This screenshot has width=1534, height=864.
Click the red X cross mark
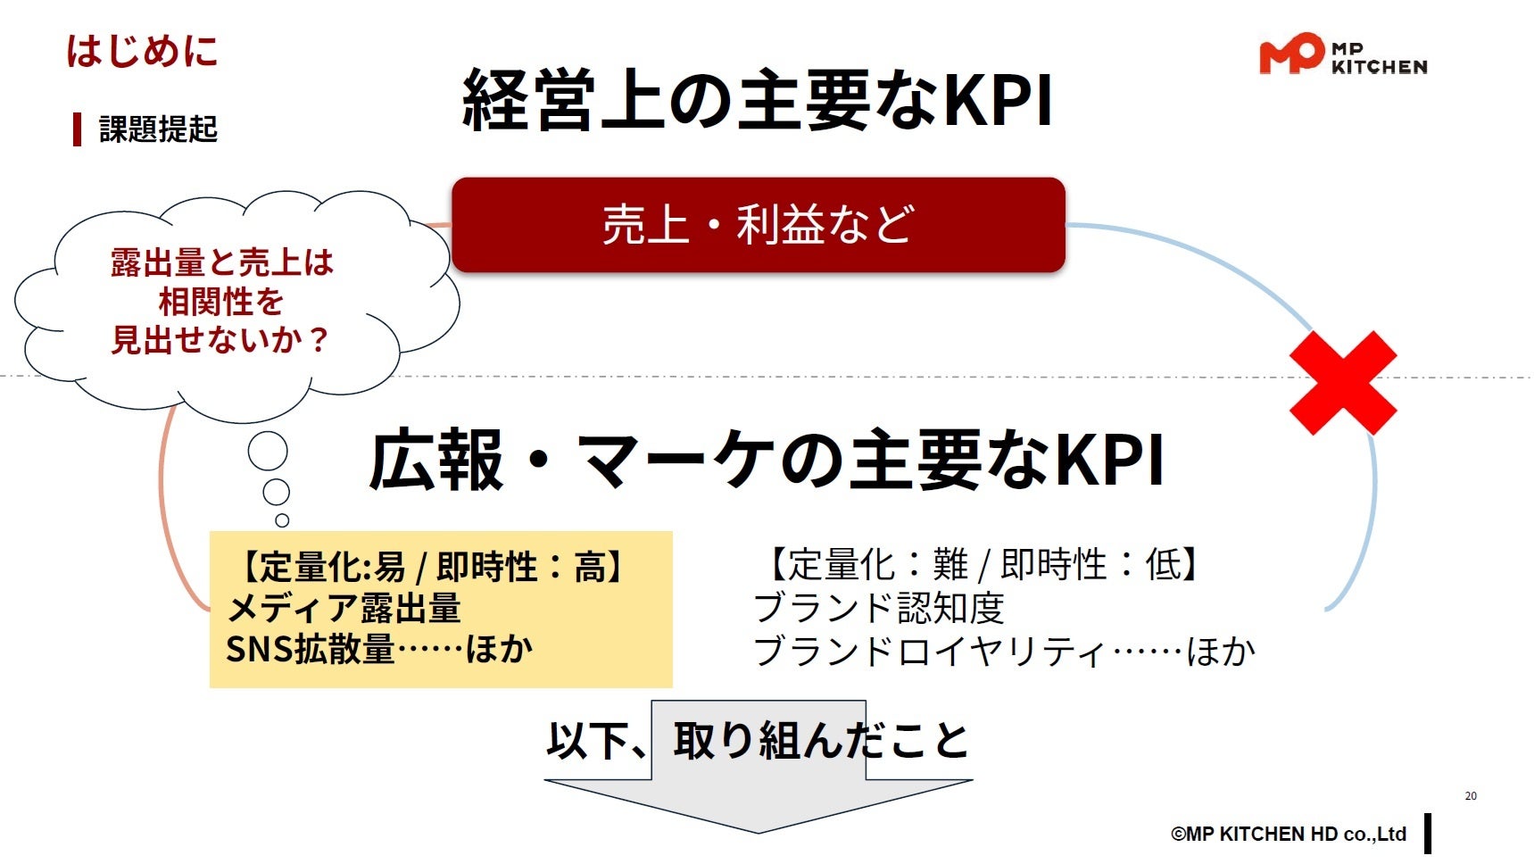[x=1343, y=383]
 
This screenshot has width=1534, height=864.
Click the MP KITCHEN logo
[x=1342, y=54]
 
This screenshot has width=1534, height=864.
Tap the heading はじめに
[x=143, y=51]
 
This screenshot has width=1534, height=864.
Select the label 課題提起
[x=158, y=129]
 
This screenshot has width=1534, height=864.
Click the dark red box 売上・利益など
[x=759, y=225]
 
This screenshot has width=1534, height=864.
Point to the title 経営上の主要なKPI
[x=758, y=100]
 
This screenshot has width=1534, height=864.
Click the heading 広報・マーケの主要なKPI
[x=767, y=461]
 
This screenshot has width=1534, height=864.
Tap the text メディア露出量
[x=344, y=609]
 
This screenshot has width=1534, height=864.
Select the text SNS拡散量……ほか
[x=379, y=649]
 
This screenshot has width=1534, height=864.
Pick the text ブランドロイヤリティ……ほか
[x=1004, y=651]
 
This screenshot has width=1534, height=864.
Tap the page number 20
[x=1471, y=795]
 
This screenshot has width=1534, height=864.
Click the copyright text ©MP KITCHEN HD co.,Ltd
[x=1288, y=834]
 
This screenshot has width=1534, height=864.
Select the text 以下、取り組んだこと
[x=758, y=741]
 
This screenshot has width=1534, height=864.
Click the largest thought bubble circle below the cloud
[x=268, y=452]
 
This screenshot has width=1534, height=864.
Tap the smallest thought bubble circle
[x=282, y=520]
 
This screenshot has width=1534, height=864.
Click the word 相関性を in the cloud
[x=220, y=302]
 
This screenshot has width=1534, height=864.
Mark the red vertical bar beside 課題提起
[x=78, y=129]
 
